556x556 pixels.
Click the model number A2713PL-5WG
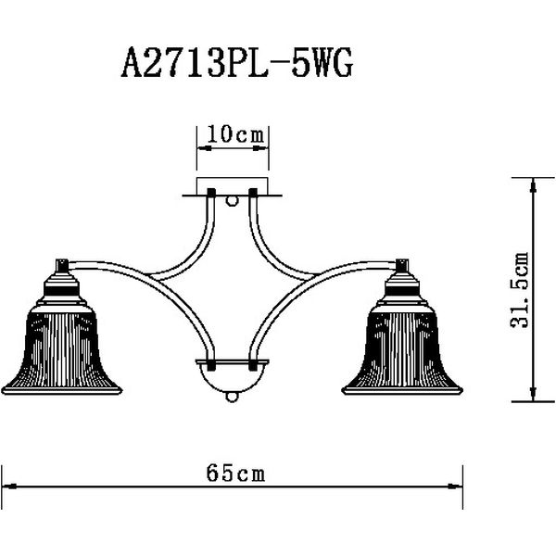tap(237, 63)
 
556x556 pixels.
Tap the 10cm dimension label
tap(235, 134)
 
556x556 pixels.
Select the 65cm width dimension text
tap(235, 473)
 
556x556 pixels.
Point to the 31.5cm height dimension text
tap(520, 290)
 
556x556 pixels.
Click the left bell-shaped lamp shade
tap(62, 349)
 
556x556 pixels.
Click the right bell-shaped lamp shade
tap(402, 349)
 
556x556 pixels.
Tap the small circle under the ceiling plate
tap(232, 201)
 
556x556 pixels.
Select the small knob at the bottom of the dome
tap(232, 397)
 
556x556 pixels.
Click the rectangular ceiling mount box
tap(233, 186)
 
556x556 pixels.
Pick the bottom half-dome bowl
tap(233, 376)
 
